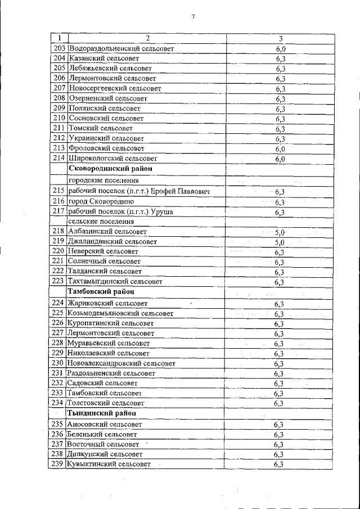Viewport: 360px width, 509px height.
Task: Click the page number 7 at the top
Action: tap(193, 17)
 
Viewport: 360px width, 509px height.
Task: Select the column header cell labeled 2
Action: tap(147, 38)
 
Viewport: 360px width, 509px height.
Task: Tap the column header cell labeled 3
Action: tap(281, 38)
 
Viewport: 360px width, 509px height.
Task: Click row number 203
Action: tap(59, 48)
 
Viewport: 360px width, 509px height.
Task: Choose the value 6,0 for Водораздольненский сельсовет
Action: tap(281, 49)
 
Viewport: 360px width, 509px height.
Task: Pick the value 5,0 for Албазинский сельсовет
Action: tap(280, 232)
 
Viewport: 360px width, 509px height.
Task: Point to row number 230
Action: tap(58, 363)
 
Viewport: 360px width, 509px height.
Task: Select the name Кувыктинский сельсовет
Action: tap(109, 464)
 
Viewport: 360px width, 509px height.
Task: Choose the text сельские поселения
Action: tap(101, 222)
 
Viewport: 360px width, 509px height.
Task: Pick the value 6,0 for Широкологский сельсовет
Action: tap(281, 159)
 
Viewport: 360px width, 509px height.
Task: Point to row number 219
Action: tap(58, 242)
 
